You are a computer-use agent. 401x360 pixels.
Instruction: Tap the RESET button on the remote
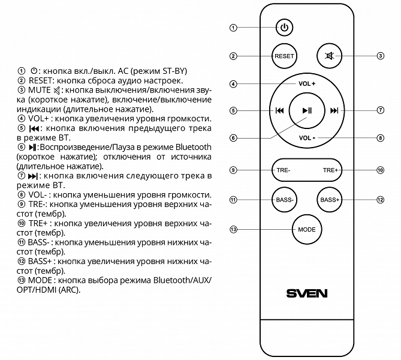point(284,56)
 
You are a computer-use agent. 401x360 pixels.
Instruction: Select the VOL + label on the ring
point(307,83)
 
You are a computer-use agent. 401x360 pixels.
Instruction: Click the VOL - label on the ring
point(307,137)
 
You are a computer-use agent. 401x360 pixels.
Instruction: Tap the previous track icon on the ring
point(279,110)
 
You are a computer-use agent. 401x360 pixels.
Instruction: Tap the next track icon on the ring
point(334,110)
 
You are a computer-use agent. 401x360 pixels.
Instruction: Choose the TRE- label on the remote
point(284,170)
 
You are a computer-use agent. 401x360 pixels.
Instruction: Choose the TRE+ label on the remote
point(330,170)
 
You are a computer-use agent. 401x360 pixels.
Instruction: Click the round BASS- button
point(284,200)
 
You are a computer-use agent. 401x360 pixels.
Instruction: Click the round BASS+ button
point(330,200)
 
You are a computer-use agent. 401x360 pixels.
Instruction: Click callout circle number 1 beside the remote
point(234,28)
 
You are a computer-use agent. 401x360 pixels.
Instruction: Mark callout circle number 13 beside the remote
point(234,230)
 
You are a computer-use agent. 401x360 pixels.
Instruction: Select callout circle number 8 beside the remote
point(381,137)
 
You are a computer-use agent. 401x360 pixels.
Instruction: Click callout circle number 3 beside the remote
point(381,56)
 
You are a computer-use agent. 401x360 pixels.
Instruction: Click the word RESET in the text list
point(41,80)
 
